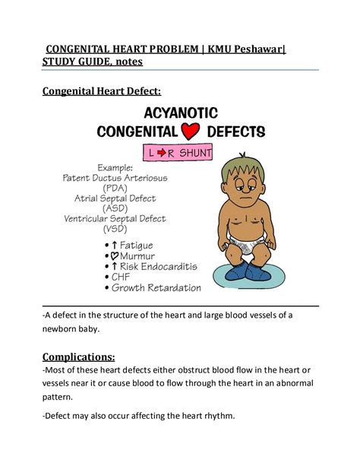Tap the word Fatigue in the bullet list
pos(136,245)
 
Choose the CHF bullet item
pos(122,277)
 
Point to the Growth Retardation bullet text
pos(156,288)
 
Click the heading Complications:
pos(79,357)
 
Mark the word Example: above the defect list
pos(115,167)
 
